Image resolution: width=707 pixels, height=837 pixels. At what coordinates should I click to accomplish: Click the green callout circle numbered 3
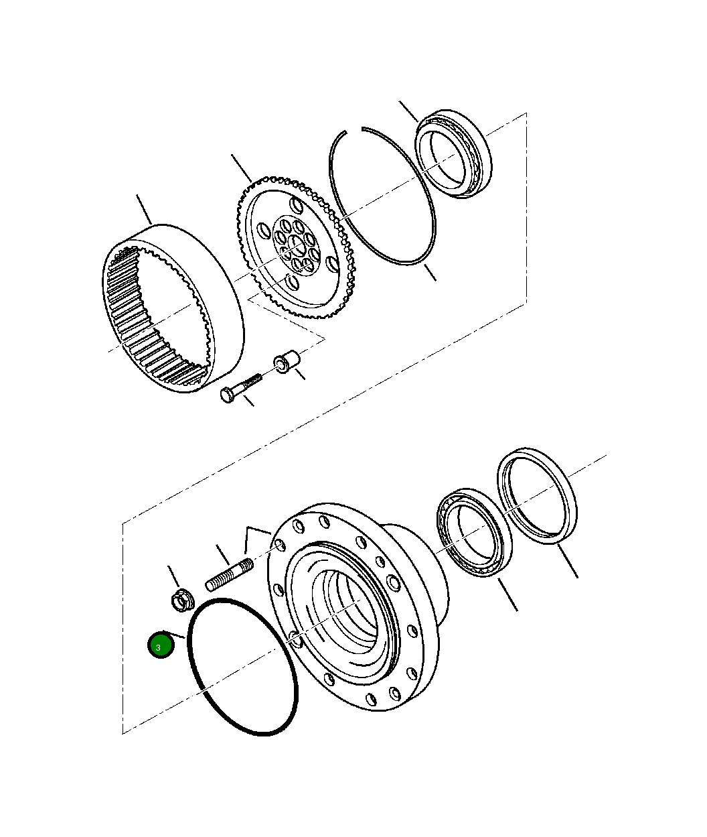point(161,645)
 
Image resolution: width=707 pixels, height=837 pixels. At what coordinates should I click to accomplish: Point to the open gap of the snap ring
point(353,131)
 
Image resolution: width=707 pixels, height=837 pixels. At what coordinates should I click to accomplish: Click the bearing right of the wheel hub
point(473,533)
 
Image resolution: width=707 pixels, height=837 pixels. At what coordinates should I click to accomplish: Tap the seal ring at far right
point(538,496)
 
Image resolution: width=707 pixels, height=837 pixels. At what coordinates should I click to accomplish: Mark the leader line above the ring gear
point(144,208)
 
